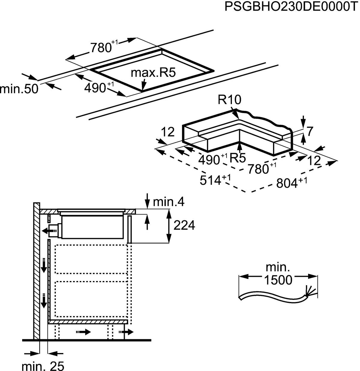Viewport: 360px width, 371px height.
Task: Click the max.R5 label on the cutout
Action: tap(153, 73)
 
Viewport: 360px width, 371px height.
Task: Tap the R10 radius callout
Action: tap(229, 100)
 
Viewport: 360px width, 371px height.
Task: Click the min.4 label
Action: tap(169, 202)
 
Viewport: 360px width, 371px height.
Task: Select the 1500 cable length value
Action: tap(278, 280)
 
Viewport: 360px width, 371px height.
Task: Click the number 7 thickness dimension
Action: tap(310, 132)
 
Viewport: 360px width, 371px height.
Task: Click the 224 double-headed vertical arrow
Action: tap(169, 226)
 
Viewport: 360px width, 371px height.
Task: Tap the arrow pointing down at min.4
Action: tap(147, 201)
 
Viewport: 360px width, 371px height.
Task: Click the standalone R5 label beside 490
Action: tap(237, 158)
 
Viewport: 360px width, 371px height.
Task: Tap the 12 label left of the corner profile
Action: tap(168, 132)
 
